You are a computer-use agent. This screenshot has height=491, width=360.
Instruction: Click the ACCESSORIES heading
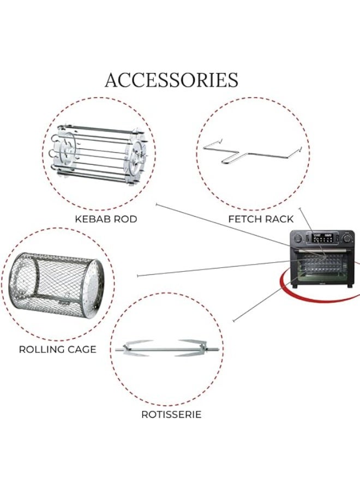(x=171, y=80)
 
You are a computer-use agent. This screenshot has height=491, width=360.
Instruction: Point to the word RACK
(x=279, y=219)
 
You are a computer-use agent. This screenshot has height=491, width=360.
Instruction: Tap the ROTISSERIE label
(x=171, y=415)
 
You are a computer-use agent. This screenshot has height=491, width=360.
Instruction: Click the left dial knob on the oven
(x=297, y=238)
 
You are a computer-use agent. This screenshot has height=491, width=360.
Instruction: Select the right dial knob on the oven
(x=347, y=238)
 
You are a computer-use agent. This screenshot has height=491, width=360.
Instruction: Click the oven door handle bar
(x=322, y=251)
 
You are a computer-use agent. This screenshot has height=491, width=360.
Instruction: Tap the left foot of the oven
(x=295, y=286)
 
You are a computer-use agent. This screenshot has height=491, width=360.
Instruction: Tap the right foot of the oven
(x=351, y=286)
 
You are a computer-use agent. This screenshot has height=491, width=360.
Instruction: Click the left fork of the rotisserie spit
(x=136, y=348)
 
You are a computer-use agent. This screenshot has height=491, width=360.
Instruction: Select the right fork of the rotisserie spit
(x=196, y=348)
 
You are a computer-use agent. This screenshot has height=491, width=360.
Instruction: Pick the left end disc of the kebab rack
(x=67, y=152)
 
